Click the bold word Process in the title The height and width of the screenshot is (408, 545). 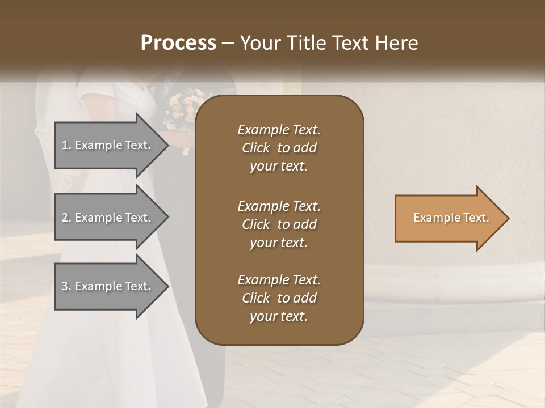(x=178, y=43)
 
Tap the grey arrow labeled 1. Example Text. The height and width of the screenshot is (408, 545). (x=108, y=145)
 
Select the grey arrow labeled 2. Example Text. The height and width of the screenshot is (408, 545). (x=108, y=218)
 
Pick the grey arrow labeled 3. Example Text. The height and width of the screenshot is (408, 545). (x=108, y=286)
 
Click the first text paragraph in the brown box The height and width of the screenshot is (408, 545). (x=279, y=148)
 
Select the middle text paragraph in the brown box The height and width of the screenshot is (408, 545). (x=279, y=224)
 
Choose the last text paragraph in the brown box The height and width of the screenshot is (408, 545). (x=279, y=298)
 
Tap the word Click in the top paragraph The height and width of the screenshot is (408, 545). (x=256, y=148)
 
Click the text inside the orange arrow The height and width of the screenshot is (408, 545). (x=451, y=218)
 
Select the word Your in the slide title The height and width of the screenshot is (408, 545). (x=259, y=43)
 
